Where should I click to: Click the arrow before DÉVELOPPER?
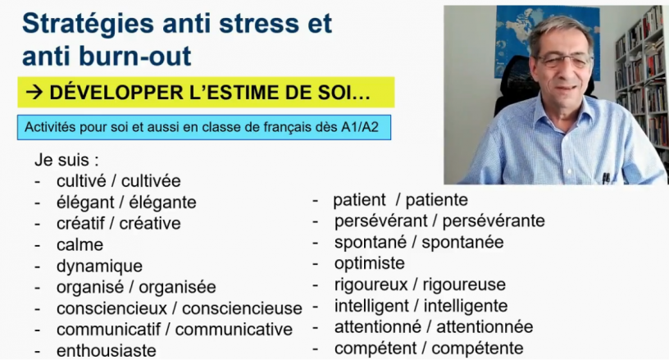[x=34, y=93]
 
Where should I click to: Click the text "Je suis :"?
[x=66, y=160]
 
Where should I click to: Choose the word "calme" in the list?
[x=80, y=245]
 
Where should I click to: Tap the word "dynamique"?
[x=99, y=267]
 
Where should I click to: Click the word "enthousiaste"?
[x=107, y=351]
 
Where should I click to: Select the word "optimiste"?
[x=370, y=263]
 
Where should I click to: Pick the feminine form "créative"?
[x=150, y=224]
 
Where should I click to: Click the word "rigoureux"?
[x=371, y=285]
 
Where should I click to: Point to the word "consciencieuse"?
[x=242, y=308]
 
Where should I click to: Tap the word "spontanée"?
[x=462, y=242]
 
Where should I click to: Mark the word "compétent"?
[x=375, y=349]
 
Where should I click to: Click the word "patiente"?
[x=436, y=200]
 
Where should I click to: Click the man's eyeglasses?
[x=564, y=61]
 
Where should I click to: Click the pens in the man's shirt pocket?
[x=606, y=177]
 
